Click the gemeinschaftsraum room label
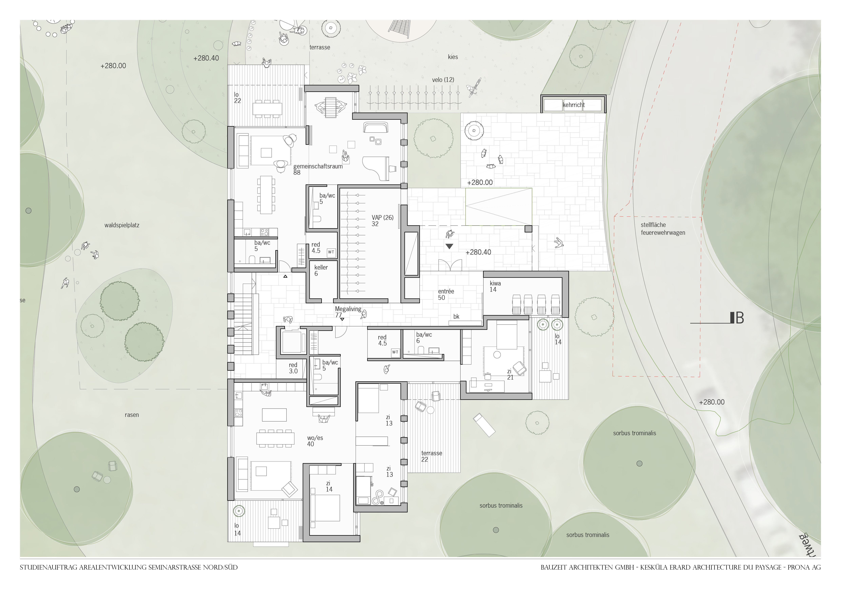click(x=318, y=166)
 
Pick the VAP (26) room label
click(x=382, y=218)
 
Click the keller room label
click(x=321, y=267)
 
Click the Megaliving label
click(x=348, y=309)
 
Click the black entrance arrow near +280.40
click(x=449, y=246)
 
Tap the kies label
click(x=453, y=57)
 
